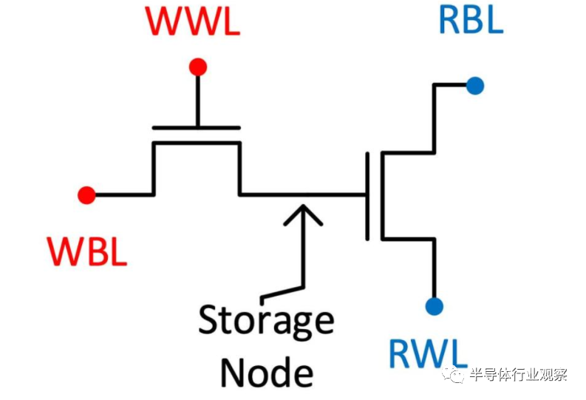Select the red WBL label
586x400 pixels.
tap(88, 252)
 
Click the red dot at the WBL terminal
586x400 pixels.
tap(86, 195)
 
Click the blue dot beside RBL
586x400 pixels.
tap(475, 86)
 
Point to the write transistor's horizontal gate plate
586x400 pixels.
tap(196, 127)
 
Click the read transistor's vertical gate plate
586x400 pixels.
tap(367, 195)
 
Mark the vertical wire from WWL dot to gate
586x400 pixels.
tap(197, 100)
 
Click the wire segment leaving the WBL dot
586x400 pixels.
tap(122, 195)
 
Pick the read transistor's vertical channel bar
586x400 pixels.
tap(381, 195)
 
